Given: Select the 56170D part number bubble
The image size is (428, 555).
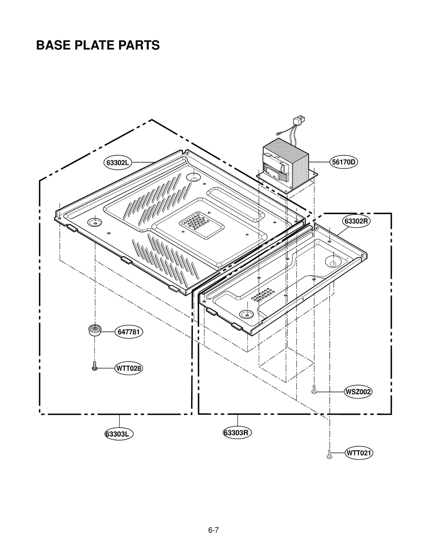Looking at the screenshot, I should coord(343,162).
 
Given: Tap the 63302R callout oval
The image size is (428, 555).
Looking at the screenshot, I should coord(356,221).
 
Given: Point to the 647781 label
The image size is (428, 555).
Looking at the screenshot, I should coord(129,332).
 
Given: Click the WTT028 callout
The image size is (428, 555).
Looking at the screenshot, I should coord(129,368).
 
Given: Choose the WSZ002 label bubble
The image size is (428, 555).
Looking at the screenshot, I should coord(358,392).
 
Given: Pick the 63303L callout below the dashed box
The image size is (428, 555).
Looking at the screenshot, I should coord(119,434).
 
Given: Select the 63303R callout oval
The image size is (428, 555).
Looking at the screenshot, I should coord(237,433).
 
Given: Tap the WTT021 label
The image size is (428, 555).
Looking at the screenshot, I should coord(359,453).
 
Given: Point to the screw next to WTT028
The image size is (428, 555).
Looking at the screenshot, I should coord(94,366).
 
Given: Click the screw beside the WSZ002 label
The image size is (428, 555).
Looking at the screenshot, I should coord(314,389).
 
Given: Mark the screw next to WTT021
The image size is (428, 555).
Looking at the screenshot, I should coord(329,454).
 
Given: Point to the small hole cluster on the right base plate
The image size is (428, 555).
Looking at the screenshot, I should coord(263,295).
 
